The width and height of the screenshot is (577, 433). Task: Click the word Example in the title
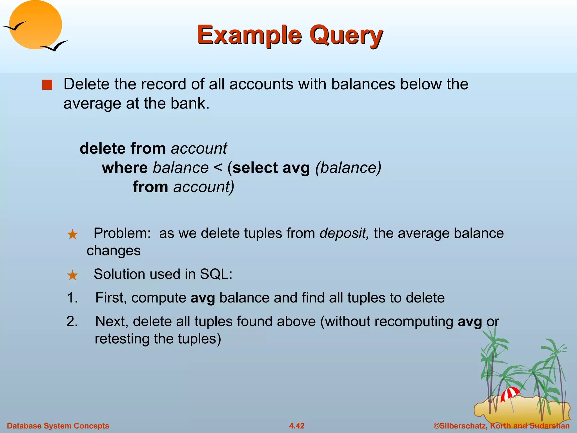tap(249, 35)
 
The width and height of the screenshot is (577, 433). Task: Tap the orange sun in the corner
tap(35, 25)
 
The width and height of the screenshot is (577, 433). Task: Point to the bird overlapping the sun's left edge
tap(15, 26)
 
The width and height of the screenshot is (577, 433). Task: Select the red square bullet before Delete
tap(47, 85)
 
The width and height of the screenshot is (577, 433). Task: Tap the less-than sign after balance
tap(218, 168)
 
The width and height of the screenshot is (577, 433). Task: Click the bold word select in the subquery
tap(255, 168)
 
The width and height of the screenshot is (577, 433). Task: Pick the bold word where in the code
tap(125, 168)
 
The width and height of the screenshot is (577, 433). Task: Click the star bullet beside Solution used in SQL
tap(72, 275)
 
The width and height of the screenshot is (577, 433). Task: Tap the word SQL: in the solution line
tap(216, 274)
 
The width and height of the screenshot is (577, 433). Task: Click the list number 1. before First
tap(72, 298)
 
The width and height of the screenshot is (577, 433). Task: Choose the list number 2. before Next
tap(72, 321)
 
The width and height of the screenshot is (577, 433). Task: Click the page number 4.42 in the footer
tap(297, 426)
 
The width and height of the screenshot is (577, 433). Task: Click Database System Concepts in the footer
tap(58, 426)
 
